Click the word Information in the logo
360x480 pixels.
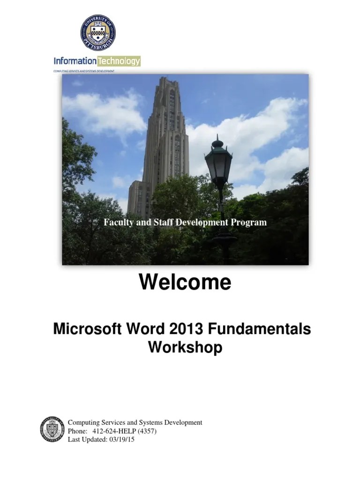pyautogui.click(x=75, y=61)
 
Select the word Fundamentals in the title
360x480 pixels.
pyautogui.click(x=267, y=330)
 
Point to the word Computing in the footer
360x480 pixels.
pyautogui.click(x=83, y=422)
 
